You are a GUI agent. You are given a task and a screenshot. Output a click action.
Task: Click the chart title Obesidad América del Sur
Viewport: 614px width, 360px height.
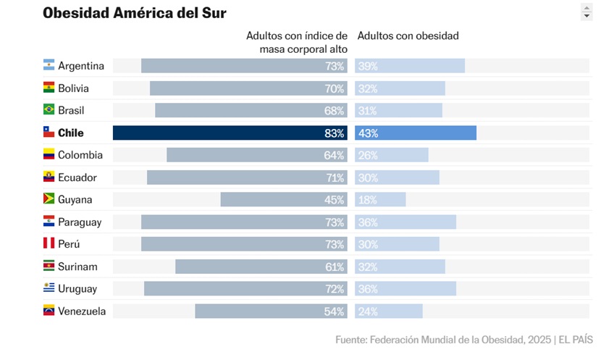(x=134, y=13)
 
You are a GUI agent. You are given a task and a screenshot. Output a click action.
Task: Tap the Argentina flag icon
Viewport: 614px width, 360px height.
(x=49, y=66)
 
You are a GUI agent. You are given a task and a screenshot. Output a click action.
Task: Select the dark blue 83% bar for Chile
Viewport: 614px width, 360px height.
(x=230, y=133)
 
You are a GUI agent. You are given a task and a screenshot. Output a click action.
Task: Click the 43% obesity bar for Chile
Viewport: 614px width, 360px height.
(x=416, y=133)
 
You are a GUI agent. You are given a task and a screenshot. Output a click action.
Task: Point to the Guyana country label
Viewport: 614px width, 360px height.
(x=75, y=200)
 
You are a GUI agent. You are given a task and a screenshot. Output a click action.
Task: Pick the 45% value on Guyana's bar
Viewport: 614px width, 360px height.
(x=334, y=200)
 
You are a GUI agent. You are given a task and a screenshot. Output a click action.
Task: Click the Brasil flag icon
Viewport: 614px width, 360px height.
(x=49, y=110)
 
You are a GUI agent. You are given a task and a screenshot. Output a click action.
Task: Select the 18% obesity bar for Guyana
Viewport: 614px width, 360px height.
(x=380, y=200)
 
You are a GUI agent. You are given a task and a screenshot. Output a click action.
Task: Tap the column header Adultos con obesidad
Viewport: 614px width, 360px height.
(x=408, y=35)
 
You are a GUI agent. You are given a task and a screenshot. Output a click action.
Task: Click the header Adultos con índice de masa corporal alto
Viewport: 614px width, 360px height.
(x=297, y=42)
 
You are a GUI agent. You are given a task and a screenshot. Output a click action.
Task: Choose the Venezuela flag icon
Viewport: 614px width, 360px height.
(x=49, y=311)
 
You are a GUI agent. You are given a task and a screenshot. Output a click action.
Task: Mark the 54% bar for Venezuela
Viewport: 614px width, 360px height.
(x=271, y=311)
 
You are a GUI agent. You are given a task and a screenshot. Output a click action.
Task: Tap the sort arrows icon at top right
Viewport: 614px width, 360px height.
(x=586, y=12)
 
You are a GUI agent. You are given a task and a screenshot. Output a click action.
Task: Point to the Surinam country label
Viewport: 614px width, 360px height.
(x=77, y=267)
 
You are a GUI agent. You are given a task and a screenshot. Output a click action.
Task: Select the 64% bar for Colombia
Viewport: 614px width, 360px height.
(x=256, y=155)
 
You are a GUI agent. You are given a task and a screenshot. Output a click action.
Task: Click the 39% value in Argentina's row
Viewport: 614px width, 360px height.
(x=368, y=66)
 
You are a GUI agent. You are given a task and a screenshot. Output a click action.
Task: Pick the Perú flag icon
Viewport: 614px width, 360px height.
(x=49, y=244)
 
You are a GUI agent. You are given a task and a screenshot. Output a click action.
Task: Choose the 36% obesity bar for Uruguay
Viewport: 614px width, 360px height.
(x=405, y=289)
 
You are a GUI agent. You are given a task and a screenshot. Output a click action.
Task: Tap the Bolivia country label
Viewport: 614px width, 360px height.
(x=73, y=88)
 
